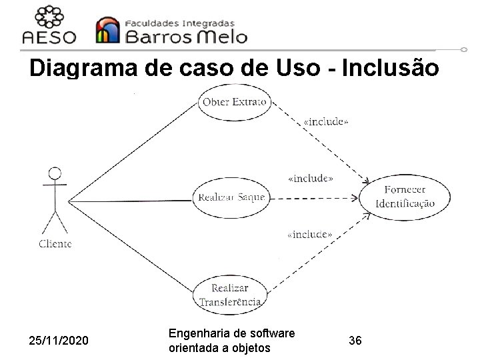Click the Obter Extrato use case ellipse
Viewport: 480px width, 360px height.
point(234,103)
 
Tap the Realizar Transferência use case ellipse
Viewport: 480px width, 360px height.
point(230,295)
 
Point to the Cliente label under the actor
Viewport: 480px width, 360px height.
point(55,243)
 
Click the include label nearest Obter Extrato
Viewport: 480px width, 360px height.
point(325,122)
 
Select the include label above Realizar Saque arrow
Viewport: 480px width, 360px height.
point(310,179)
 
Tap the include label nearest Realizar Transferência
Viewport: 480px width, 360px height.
point(309,234)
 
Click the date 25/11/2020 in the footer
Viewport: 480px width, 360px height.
point(59,341)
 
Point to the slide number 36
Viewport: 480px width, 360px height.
point(355,341)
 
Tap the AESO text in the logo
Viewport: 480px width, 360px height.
point(49,37)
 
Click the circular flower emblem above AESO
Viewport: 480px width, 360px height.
point(50,16)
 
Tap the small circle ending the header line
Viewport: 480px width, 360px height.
point(464,49)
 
